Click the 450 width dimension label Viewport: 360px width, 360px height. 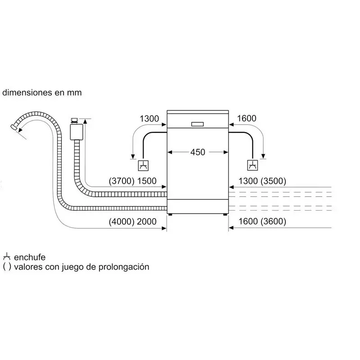click(x=198, y=152)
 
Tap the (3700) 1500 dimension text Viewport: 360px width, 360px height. click(x=133, y=181)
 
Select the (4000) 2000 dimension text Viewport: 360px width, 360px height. click(x=133, y=222)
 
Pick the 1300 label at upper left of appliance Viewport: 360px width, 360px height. click(x=149, y=119)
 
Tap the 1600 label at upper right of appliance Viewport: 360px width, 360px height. click(x=246, y=119)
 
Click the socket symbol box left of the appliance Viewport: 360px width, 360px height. click(x=143, y=166)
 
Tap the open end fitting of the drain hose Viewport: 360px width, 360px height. click(x=17, y=128)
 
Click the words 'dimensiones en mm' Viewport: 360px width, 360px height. click(x=42, y=93)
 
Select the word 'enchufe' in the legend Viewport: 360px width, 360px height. click(x=30, y=257)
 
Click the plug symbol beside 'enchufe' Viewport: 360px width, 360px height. click(x=7, y=257)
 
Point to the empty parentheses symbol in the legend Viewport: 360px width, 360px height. click(x=7, y=267)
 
